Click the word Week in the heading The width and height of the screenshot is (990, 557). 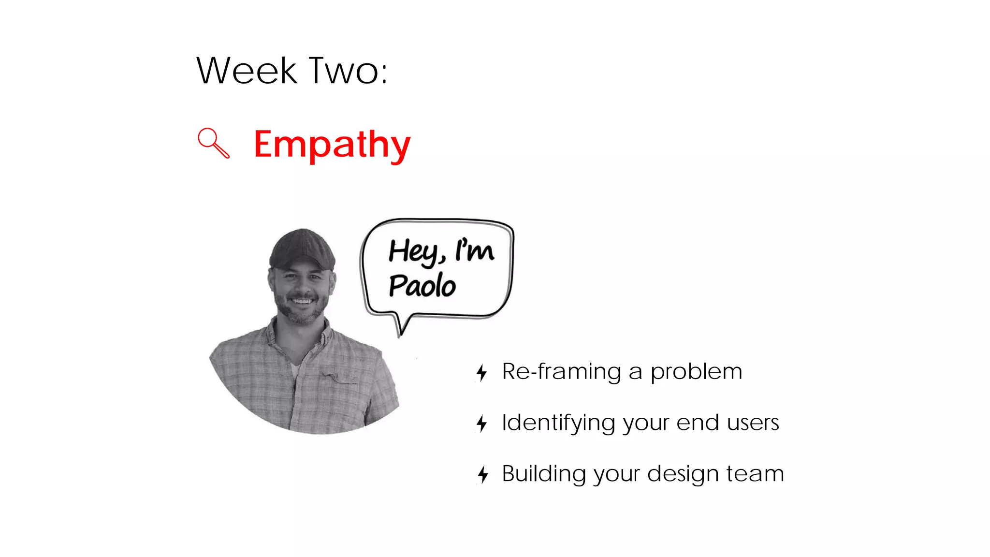pos(246,71)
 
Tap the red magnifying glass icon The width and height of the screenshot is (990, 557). pos(213,143)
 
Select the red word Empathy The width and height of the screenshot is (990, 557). pos(332,145)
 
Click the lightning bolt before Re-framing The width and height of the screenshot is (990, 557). pos(481,372)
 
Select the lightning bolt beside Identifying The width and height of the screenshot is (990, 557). pos(481,424)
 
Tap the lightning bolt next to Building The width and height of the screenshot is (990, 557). pos(483,474)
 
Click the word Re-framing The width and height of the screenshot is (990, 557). pos(561,372)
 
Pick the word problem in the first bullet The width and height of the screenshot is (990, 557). pos(696,372)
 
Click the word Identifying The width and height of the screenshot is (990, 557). pos(558,423)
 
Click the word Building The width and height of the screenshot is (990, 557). pos(544,474)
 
